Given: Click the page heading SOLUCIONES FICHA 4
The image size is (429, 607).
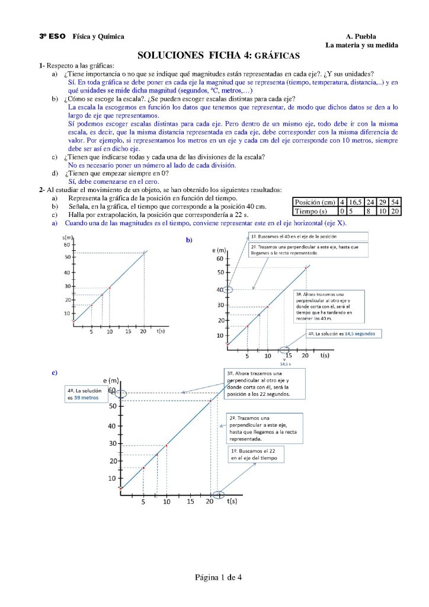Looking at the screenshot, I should (218, 56).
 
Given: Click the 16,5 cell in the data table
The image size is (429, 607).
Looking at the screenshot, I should (356, 202).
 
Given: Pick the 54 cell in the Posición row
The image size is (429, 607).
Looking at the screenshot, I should (396, 202).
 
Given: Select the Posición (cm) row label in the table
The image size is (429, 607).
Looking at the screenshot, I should (315, 202).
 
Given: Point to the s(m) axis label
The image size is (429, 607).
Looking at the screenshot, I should (67, 237).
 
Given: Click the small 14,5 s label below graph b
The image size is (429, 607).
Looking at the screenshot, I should (284, 363).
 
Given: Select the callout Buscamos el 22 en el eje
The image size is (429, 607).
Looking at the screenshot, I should (257, 455).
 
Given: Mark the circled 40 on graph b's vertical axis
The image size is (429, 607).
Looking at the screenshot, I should (228, 290).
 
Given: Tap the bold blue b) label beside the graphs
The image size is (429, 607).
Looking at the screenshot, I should (190, 240).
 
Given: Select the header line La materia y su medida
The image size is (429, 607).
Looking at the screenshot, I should (361, 46).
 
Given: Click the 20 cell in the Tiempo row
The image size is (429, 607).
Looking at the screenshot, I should (396, 210).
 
